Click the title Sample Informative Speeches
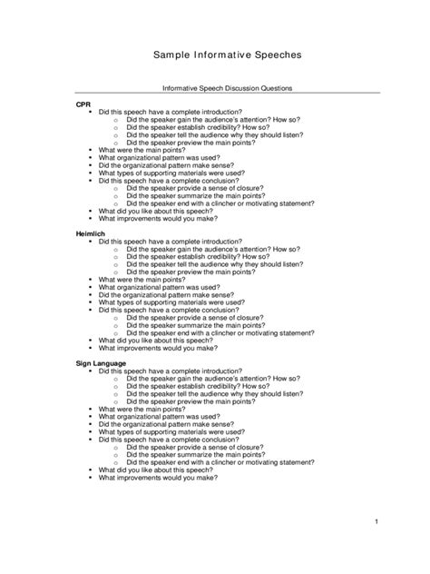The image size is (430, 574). coord(214,55)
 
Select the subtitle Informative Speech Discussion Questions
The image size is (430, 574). coord(214,88)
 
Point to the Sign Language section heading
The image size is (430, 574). coord(101,364)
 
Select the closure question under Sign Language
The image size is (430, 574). coord(195,447)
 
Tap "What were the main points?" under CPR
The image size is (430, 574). coord(145,150)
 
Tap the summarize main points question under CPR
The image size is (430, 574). coord(196,195)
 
